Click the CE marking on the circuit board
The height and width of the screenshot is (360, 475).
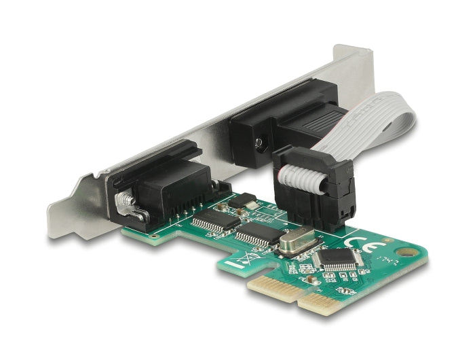[x=358, y=243]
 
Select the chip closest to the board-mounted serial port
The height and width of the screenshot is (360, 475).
[x=215, y=221]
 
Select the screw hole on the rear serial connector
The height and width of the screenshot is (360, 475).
[x=259, y=144]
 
